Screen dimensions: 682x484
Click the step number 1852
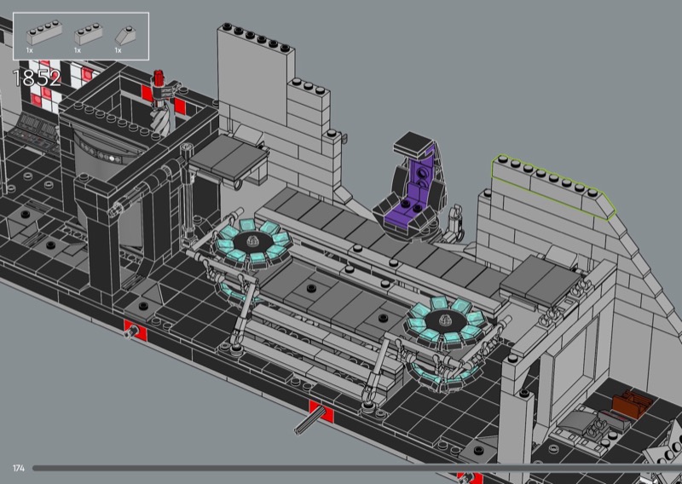click(37, 78)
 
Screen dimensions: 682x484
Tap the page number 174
click(18, 469)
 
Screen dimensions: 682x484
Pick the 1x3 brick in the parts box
click(89, 34)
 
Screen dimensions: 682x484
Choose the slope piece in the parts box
click(125, 36)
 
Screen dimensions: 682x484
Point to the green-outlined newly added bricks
click(553, 187)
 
